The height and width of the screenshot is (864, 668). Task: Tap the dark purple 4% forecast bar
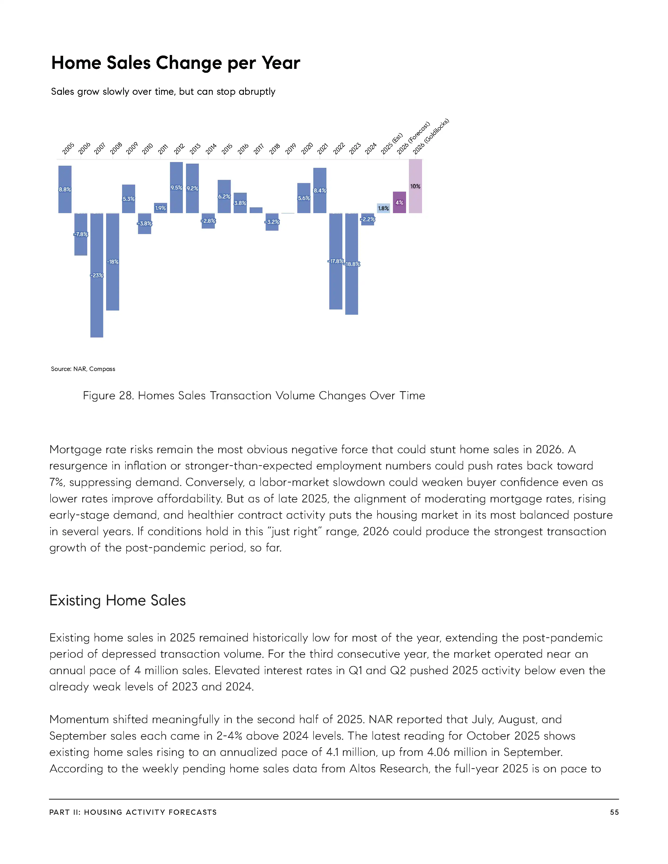399,203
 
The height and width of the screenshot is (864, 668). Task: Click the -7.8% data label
81,234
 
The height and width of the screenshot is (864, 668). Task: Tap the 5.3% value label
129,199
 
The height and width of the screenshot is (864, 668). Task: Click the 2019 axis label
291,149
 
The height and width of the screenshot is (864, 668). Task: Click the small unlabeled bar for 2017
256,210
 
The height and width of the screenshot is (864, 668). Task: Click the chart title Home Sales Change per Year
176,63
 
